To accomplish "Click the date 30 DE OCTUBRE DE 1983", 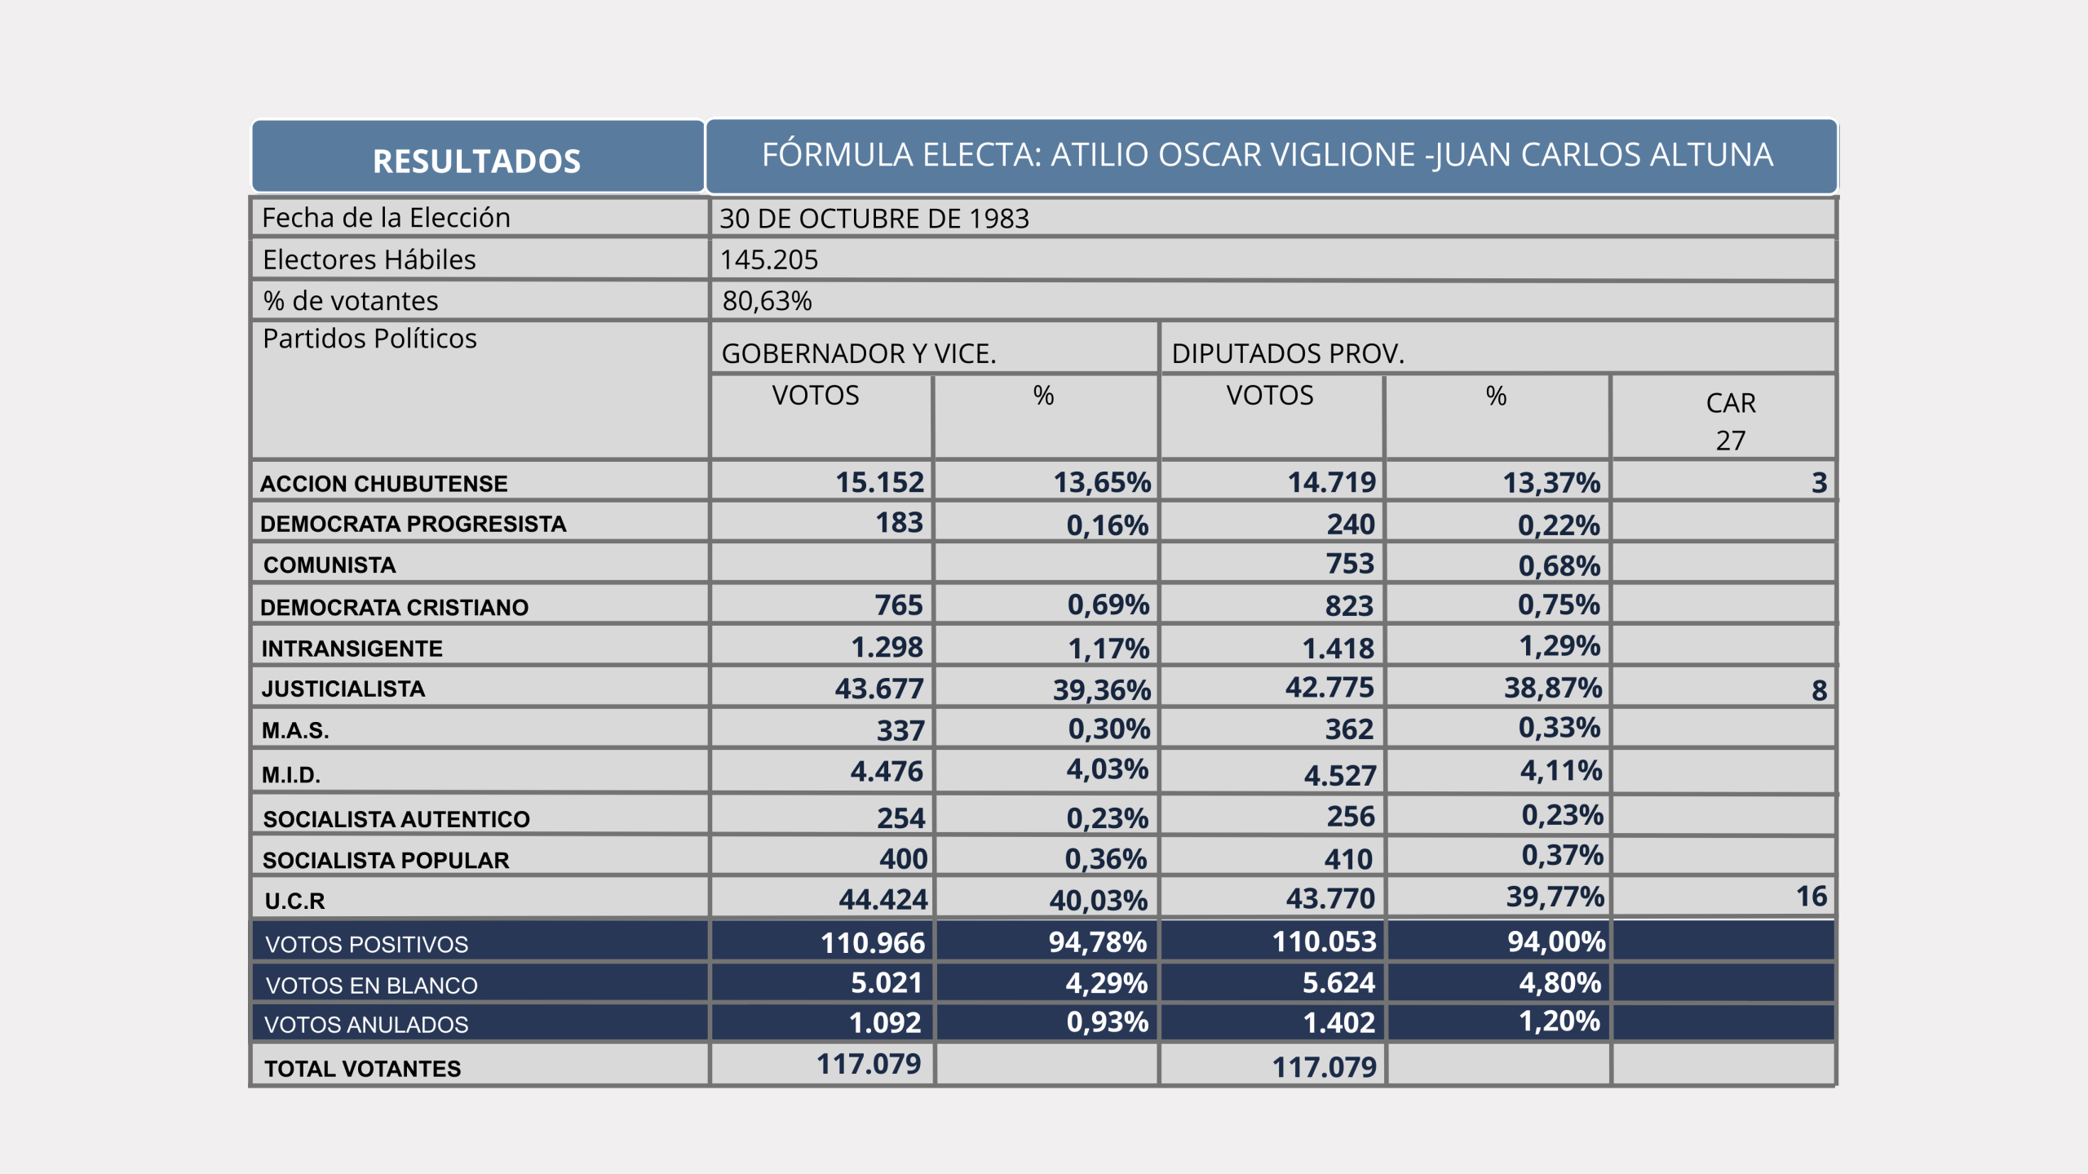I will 874,219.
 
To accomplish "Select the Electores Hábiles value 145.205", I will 768,259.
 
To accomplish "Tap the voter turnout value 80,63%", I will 767,301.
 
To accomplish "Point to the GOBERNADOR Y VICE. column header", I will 858,353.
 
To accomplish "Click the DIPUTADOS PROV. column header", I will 1287,353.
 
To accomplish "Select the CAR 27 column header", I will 1730,420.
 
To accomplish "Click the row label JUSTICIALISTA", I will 343,689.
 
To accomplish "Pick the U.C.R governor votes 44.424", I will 883,899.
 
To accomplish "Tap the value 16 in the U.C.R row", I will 1811,897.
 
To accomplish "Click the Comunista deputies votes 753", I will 1349,564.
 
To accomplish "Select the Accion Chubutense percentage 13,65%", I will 1101,482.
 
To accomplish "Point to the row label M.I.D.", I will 290,774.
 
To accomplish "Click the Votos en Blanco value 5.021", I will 886,982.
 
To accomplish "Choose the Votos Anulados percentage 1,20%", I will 1559,1021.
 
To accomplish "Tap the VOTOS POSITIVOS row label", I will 366,944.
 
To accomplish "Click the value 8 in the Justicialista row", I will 1819,690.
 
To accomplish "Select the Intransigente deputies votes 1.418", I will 1338,649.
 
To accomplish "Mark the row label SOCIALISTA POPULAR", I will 385,860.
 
